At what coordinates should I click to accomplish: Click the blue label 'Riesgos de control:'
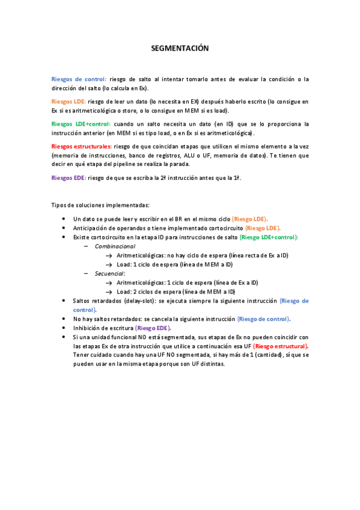tap(79, 79)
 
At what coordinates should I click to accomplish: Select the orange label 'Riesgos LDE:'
tap(69, 102)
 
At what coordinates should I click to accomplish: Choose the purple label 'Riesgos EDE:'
tap(69, 177)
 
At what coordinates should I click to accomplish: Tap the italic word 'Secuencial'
tap(109, 273)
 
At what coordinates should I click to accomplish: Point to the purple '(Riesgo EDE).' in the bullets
tap(153, 328)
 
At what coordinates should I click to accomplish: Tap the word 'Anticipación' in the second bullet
tap(91, 229)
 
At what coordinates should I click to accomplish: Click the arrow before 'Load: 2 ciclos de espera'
tap(109, 292)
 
